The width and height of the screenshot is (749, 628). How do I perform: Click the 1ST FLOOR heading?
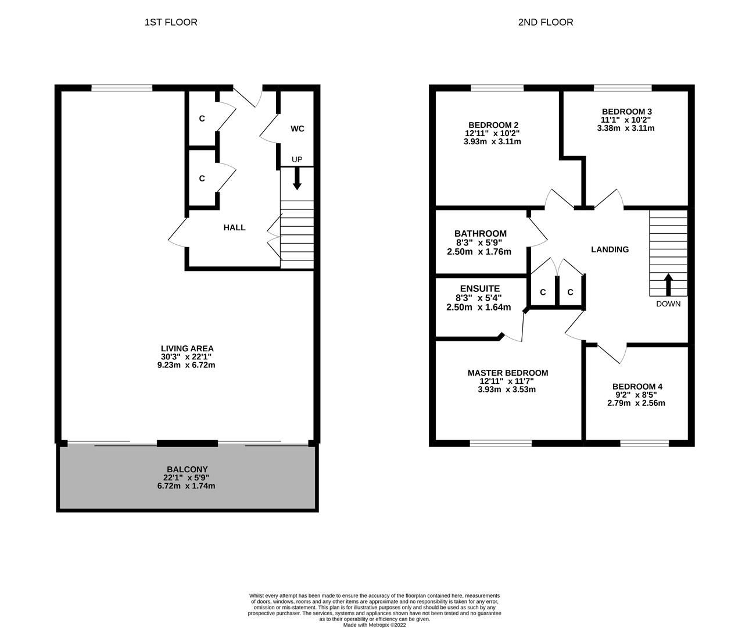(171, 22)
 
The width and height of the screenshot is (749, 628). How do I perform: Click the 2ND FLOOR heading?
(545, 22)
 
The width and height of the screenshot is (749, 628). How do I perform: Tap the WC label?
(297, 129)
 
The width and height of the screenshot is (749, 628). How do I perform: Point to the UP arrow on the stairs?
(297, 179)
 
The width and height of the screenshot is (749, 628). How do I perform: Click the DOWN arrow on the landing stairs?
(668, 285)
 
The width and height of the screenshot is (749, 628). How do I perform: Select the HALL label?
(234, 227)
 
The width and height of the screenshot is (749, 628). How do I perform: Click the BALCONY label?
(187, 469)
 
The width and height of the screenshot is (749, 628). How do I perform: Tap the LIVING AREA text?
(187, 348)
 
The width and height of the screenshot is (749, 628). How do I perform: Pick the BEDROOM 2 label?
(493, 124)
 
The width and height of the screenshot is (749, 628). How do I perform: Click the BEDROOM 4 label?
(637, 386)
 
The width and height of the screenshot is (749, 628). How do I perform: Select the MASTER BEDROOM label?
(507, 373)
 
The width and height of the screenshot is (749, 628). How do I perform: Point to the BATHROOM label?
(480, 234)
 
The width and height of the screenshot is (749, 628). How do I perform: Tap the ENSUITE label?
(479, 288)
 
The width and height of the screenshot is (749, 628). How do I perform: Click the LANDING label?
(610, 249)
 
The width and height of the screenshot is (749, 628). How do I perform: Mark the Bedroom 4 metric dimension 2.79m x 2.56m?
(636, 403)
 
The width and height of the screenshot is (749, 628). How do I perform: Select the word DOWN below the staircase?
(668, 304)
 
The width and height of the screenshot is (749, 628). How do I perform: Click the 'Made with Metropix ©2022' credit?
(374, 625)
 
